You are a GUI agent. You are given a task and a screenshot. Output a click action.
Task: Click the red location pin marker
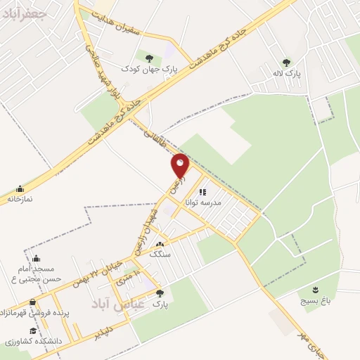tap(181, 165)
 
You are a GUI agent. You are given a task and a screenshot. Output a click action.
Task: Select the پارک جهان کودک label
tap(148, 69)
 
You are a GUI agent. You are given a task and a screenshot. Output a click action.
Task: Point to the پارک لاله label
tap(285, 72)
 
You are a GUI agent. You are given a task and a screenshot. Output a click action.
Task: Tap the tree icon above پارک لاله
tap(285, 62)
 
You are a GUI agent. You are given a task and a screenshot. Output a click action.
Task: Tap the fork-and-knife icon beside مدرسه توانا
tap(202, 191)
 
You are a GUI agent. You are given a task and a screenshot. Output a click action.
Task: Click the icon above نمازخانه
tap(19, 188)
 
